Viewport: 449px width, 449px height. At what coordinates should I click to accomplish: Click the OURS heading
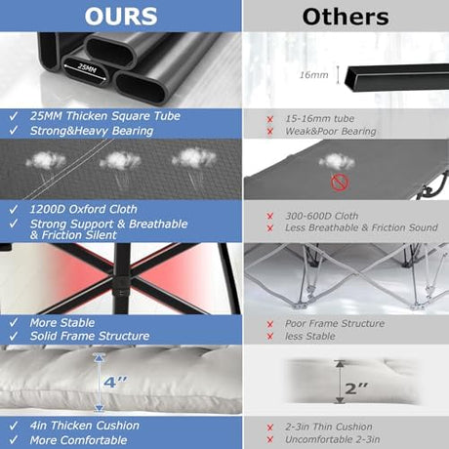[x=121, y=16]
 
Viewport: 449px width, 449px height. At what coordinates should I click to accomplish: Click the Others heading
[x=346, y=17]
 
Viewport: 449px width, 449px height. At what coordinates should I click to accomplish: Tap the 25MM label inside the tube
[x=87, y=69]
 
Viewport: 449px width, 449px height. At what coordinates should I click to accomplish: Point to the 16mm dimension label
[x=314, y=75]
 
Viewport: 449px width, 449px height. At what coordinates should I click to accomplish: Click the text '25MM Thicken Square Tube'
[x=105, y=116]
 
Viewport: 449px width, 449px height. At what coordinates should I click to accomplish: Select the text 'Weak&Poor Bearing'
[x=331, y=131]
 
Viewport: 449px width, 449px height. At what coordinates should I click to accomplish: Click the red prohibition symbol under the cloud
[x=340, y=183]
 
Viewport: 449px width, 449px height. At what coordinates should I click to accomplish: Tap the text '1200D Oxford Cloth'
[x=83, y=209]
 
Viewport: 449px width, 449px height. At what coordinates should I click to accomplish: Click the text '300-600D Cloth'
[x=321, y=216]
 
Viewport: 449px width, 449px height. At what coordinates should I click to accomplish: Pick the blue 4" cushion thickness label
[x=115, y=382]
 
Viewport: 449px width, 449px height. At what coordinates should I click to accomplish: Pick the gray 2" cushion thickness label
[x=356, y=388]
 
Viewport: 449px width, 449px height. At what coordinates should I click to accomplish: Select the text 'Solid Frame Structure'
[x=90, y=336]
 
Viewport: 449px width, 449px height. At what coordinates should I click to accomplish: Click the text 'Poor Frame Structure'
[x=335, y=323]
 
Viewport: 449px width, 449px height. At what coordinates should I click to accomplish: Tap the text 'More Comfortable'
[x=78, y=440]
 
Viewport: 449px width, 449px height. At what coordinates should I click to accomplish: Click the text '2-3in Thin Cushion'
[x=329, y=427]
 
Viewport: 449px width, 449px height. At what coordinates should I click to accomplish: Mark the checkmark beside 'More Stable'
[x=14, y=322]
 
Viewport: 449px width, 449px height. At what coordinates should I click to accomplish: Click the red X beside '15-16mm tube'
[x=269, y=119]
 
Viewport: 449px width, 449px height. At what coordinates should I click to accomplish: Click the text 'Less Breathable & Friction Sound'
[x=361, y=227]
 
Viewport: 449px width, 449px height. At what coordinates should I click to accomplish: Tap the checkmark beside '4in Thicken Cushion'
[x=14, y=426]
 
